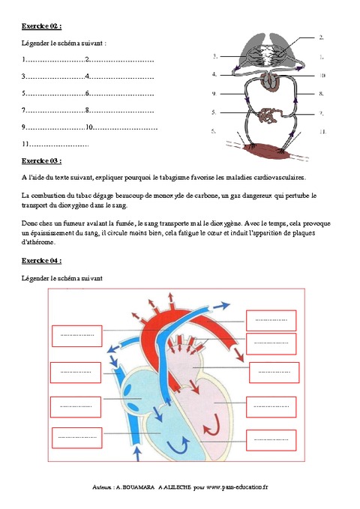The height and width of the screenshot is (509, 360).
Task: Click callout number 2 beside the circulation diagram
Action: (321, 37)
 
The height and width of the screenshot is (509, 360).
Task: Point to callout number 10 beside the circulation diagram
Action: (322, 75)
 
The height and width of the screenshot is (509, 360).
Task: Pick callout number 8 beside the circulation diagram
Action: (321, 94)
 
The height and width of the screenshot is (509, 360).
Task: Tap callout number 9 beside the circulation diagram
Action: (214, 94)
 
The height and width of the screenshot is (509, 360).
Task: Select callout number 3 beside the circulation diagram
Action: (214, 55)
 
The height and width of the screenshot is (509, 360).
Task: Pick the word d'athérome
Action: (38, 242)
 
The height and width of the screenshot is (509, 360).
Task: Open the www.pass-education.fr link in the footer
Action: (238, 487)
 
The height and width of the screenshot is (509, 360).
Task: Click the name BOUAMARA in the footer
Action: (134, 487)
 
